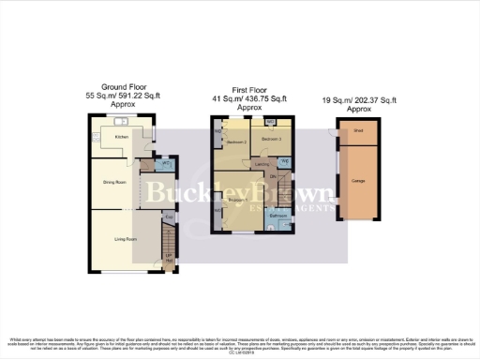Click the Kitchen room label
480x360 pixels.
click(x=121, y=137)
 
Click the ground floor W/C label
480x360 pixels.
click(x=165, y=163)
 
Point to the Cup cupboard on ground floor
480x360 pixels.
click(x=169, y=219)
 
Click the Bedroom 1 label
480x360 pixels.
click(x=236, y=200)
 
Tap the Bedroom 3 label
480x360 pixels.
click(x=272, y=138)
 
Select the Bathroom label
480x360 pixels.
click(x=277, y=216)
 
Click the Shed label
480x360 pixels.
click(x=358, y=132)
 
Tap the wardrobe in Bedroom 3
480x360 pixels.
click(x=271, y=122)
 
